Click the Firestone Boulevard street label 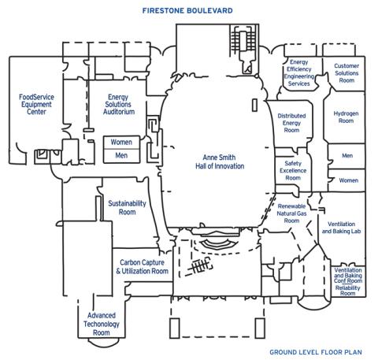coord(187,11)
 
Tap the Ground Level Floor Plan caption coord(316,352)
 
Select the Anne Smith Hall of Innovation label coord(220,161)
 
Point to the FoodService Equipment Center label coord(36,104)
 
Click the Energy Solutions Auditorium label coord(119,104)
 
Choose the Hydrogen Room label coord(346,117)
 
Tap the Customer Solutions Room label coord(346,73)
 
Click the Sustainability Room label coord(127,207)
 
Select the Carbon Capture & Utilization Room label coord(143,266)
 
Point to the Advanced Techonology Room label coord(102,324)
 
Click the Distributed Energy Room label coord(291,123)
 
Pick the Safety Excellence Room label coord(293,170)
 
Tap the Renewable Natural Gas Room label coord(291,213)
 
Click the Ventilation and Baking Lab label coord(341,228)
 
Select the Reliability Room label coord(348,291)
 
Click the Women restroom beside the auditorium coord(121,142)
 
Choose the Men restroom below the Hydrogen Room coord(347,156)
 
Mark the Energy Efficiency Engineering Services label coord(299,73)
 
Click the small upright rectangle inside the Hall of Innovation coord(254,105)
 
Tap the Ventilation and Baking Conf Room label coord(348,276)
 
